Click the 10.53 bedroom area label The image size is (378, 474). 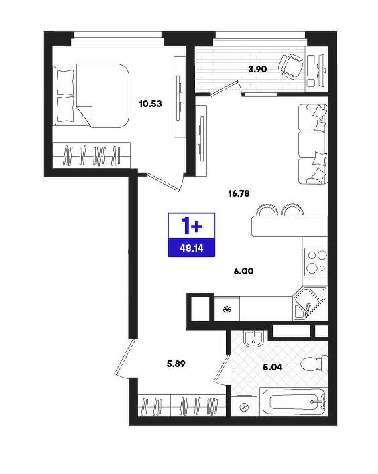(150, 104)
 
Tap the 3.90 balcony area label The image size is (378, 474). (257, 69)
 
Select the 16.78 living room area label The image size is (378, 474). (239, 193)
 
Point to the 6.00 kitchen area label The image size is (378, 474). (244, 271)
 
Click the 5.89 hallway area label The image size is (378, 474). (176, 364)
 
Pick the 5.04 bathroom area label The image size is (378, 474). (273, 368)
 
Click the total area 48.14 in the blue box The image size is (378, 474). (192, 248)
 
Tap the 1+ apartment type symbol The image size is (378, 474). (192, 226)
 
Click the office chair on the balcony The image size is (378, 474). (290, 66)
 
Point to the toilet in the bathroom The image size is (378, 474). (314, 364)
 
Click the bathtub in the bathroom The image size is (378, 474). (294, 402)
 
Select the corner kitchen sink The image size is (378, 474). (310, 303)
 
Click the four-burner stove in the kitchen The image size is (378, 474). (316, 262)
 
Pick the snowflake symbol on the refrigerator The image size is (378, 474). (227, 309)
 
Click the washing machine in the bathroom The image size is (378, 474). (244, 406)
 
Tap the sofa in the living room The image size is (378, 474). (313, 144)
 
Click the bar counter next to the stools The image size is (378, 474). (290, 226)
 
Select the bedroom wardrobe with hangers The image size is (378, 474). (92, 155)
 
